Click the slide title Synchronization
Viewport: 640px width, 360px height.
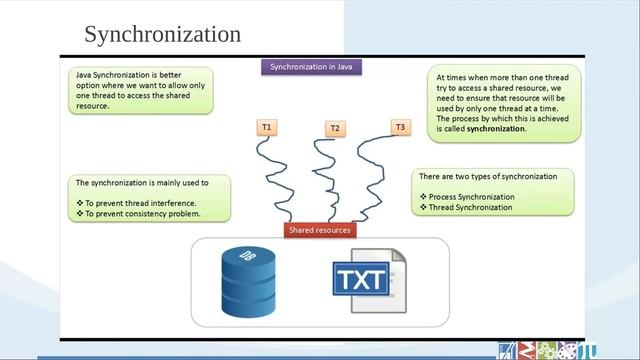pos(162,35)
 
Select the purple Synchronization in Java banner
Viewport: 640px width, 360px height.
pos(311,68)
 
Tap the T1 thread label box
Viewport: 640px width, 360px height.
pos(268,128)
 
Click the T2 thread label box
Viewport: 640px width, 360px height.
pos(335,129)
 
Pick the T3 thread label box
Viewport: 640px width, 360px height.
pos(400,127)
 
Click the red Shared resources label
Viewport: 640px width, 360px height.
pos(319,230)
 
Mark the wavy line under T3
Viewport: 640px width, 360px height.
pos(375,180)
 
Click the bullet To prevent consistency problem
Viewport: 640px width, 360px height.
pos(143,214)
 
